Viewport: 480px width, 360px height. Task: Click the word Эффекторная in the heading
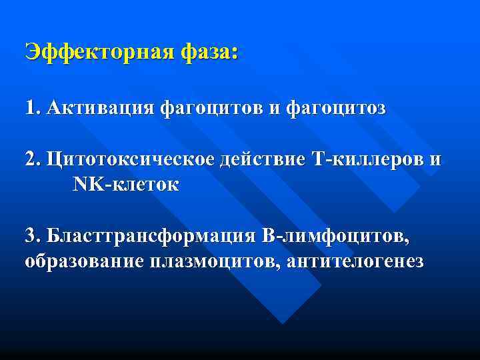click(x=99, y=53)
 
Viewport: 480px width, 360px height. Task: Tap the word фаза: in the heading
click(x=208, y=53)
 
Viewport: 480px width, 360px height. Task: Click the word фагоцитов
click(x=211, y=109)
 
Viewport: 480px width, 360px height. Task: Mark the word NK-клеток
click(x=125, y=185)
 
